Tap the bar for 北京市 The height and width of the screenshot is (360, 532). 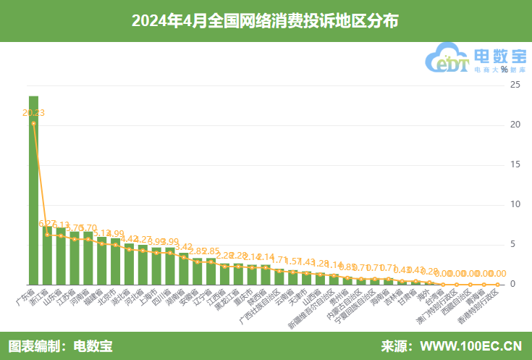tap(115, 261)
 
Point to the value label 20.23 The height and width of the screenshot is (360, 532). tap(33, 112)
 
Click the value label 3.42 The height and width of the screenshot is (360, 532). tap(184, 247)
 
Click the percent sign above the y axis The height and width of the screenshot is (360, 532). tap(504, 70)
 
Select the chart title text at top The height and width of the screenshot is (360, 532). tap(265, 21)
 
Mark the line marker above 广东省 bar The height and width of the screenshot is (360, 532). tap(33, 123)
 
